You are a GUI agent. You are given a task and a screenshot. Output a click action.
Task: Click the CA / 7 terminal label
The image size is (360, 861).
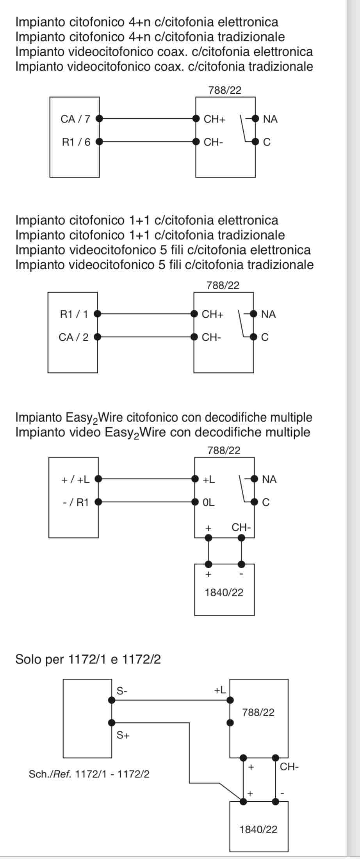click(x=75, y=119)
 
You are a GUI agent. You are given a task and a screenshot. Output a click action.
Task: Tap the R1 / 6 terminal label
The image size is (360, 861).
click(x=76, y=142)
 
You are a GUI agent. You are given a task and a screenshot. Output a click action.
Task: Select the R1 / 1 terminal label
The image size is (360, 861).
click(x=74, y=314)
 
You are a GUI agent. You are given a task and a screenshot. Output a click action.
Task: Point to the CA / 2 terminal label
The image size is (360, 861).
click(x=73, y=337)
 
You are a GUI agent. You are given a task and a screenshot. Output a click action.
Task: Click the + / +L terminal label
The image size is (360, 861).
click(x=75, y=479)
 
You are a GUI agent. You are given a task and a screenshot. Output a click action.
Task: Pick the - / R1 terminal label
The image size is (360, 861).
click(x=76, y=502)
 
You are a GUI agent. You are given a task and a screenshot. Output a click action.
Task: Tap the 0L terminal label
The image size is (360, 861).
click(x=209, y=502)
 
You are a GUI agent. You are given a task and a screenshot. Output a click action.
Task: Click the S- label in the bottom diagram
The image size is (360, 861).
click(x=122, y=690)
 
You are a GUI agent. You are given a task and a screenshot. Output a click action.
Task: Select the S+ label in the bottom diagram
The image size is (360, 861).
click(x=123, y=735)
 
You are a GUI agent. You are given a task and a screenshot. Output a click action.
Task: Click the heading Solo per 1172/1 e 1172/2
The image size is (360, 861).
click(x=88, y=659)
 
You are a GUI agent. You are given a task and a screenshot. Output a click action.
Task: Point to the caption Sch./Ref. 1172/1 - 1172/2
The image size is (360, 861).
click(x=89, y=774)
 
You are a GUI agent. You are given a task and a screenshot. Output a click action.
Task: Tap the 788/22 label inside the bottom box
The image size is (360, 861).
click(x=258, y=712)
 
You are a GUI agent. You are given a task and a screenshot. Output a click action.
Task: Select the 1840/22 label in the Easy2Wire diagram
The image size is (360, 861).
click(x=224, y=592)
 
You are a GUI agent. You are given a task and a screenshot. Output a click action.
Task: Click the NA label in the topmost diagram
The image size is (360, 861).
click(x=270, y=119)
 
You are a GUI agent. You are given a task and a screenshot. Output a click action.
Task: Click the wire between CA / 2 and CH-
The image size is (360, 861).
click(x=146, y=336)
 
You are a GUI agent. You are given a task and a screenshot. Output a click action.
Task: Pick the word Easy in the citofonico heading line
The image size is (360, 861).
click(x=79, y=418)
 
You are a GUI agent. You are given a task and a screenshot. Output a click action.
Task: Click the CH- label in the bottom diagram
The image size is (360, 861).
click(x=289, y=767)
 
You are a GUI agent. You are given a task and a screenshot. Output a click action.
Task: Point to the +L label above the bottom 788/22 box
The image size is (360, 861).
click(x=220, y=690)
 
